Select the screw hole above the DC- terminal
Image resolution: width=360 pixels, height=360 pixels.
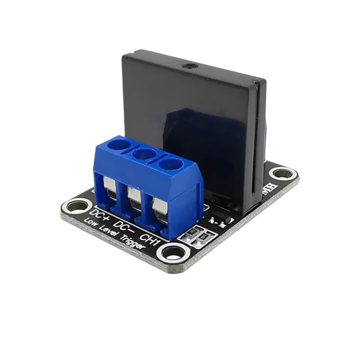(143, 155)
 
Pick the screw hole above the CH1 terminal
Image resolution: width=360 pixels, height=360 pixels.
(170, 165)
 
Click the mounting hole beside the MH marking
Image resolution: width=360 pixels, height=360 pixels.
(284, 174)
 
